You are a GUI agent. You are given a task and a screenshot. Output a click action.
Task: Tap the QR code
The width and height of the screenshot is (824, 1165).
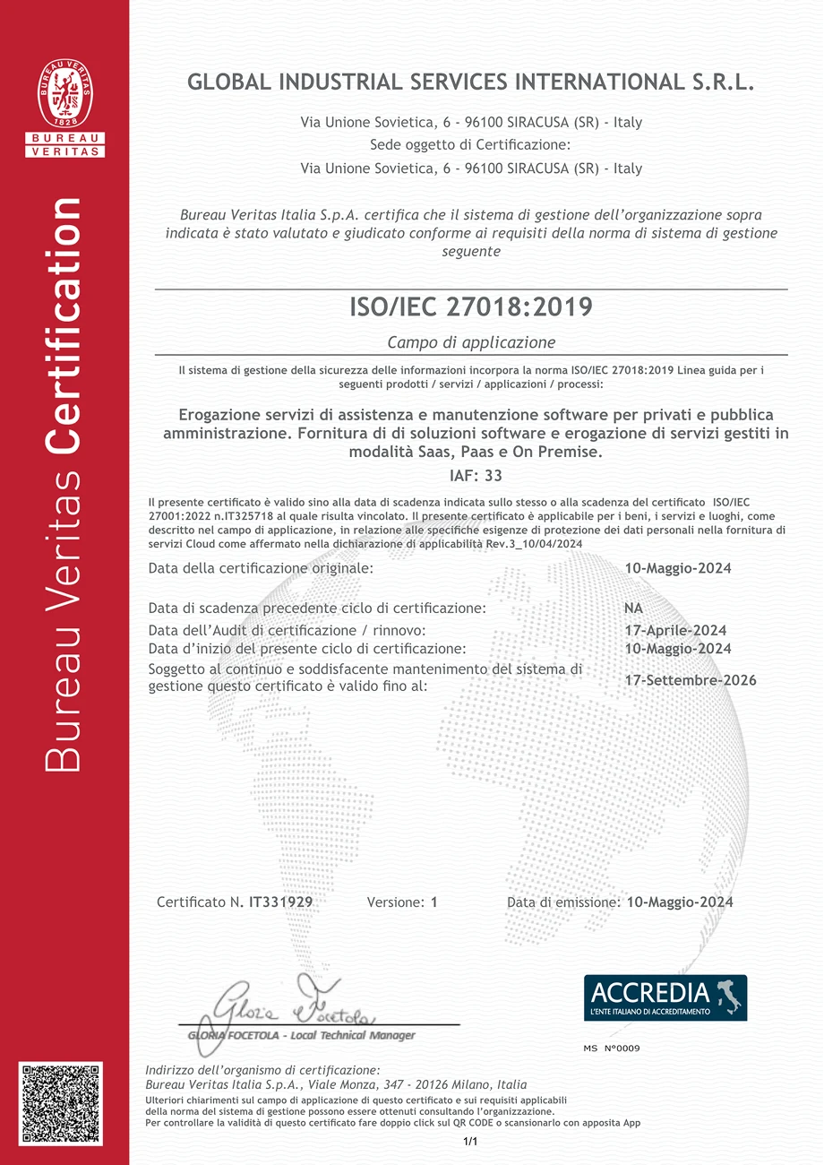[x=61, y=1104]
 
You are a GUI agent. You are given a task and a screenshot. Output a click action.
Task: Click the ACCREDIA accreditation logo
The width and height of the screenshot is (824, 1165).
[x=665, y=997]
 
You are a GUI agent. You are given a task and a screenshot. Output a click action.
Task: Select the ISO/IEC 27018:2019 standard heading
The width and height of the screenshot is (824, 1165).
[x=470, y=307]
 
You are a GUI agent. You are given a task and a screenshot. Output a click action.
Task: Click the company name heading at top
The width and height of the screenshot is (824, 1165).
[x=471, y=82]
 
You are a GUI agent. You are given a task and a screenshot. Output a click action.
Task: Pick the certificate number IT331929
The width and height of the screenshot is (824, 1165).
[x=280, y=902]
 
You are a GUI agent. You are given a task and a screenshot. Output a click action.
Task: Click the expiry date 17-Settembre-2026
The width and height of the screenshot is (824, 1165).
[x=690, y=680]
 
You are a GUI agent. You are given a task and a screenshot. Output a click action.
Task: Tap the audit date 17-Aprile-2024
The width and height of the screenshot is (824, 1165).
[x=674, y=630]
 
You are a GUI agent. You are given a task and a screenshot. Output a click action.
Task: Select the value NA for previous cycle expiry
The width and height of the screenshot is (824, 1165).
[x=633, y=608]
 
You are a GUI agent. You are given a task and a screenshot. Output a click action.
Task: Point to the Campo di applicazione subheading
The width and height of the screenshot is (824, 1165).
[x=471, y=342]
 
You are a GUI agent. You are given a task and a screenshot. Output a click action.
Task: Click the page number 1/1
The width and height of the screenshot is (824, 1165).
[x=471, y=1142]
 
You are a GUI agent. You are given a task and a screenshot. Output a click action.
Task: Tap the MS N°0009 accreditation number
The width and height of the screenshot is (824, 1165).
[x=611, y=1048]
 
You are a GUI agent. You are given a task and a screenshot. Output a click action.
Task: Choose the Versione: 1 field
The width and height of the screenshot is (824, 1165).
[x=402, y=902]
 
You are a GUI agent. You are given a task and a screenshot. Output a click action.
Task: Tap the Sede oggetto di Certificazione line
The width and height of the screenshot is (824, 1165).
[x=470, y=145]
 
